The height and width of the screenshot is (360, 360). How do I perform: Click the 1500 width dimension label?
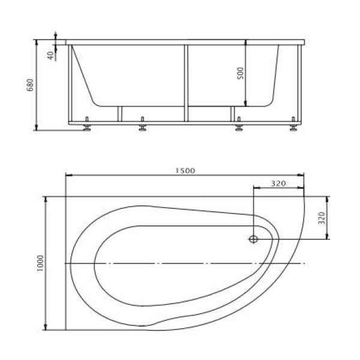pos(185,170)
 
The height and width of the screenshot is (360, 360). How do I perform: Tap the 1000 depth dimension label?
pos(40,263)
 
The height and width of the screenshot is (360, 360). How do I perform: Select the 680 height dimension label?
pos(30,85)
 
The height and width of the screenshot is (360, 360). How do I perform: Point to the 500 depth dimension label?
pos(240,73)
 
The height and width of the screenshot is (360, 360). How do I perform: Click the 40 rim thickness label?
pos(50,55)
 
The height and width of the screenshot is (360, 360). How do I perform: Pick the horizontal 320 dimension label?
pos(278,184)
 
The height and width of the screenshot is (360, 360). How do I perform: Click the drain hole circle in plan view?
pos(253,239)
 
